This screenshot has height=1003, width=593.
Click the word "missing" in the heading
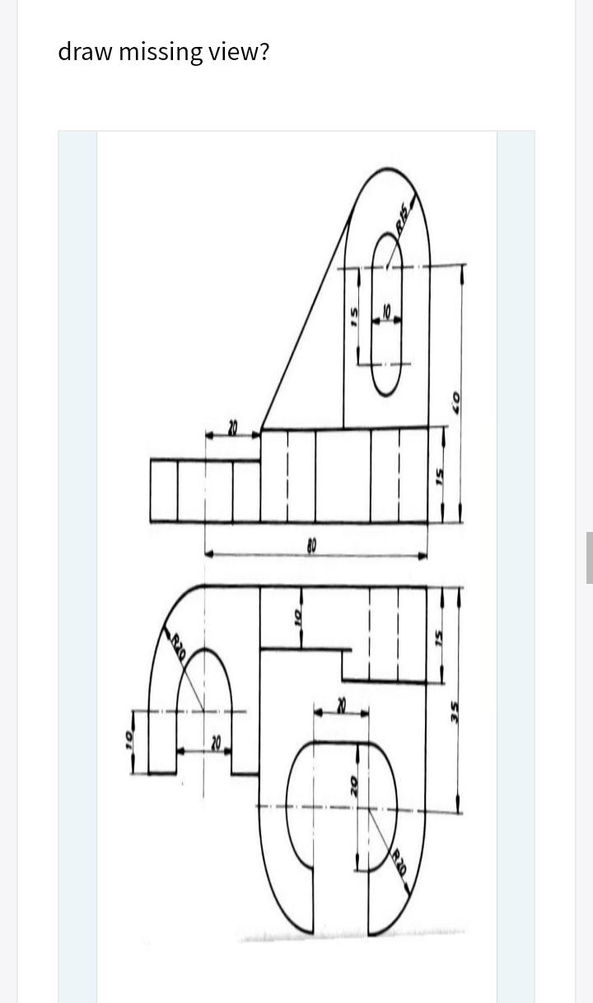159,53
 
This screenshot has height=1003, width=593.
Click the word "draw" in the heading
86,53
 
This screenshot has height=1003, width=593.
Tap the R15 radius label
403,218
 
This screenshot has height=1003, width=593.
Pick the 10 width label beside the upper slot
386,313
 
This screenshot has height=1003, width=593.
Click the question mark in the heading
264,53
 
